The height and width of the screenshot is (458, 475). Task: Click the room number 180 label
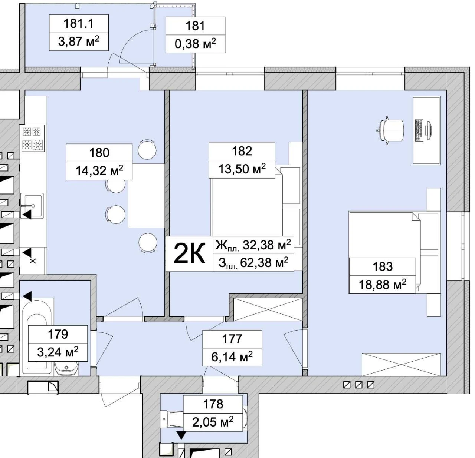point(99,153)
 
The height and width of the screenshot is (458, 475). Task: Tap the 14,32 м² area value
point(99,170)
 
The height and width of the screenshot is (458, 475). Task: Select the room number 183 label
point(383,267)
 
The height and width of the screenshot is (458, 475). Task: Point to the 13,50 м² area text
point(242,169)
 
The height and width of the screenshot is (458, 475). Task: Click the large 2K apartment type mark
point(189,254)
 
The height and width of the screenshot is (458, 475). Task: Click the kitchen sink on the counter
point(32,206)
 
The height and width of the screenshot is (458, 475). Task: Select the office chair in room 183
point(390,130)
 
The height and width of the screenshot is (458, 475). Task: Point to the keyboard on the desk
point(419,130)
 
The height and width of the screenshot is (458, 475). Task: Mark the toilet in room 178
point(172,419)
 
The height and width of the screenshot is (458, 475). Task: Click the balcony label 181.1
point(79,24)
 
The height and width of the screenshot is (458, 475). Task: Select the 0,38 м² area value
point(195,44)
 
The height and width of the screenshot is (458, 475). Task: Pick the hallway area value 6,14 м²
point(232,357)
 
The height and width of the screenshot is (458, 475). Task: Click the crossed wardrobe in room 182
point(268,309)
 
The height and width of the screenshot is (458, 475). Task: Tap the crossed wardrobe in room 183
point(401,364)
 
